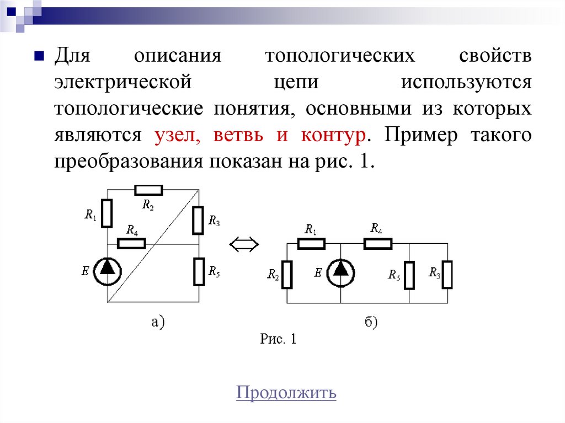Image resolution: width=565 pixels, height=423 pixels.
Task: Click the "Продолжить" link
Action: pyautogui.click(x=286, y=393)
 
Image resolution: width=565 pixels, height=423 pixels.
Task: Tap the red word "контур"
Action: pyautogui.click(x=334, y=135)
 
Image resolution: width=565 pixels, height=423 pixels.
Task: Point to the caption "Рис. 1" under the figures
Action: pyautogui.click(x=278, y=339)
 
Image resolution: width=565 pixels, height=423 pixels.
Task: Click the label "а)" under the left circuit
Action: pyautogui.click(x=158, y=322)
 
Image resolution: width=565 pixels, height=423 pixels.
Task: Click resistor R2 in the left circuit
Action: pyautogui.click(x=148, y=190)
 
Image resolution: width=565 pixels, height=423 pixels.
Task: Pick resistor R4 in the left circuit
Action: pyautogui.click(x=132, y=243)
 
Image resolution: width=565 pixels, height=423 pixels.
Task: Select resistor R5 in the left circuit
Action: pyautogui.click(x=199, y=271)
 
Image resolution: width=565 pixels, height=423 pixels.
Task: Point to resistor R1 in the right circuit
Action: pyautogui.click(x=311, y=243)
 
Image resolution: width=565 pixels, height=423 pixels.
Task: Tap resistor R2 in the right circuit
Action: pyautogui.click(x=287, y=275)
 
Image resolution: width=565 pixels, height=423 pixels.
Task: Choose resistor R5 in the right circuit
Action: pyautogui.click(x=409, y=275)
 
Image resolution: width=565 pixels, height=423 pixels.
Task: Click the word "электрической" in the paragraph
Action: pyautogui.click(x=122, y=82)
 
